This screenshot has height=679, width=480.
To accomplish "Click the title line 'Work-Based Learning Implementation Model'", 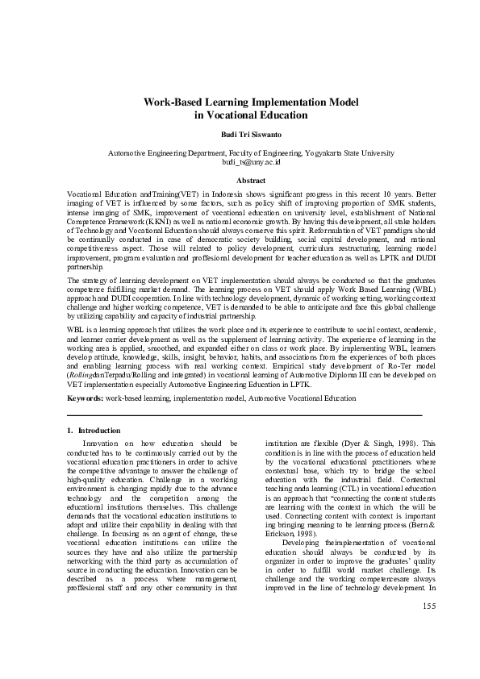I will [240, 102].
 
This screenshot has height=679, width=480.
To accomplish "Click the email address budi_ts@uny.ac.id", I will [240, 161].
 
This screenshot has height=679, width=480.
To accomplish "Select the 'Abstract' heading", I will [240, 180].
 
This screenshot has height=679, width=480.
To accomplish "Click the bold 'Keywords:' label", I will [85, 398].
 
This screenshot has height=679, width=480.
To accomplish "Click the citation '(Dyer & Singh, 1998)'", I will [369, 443].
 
